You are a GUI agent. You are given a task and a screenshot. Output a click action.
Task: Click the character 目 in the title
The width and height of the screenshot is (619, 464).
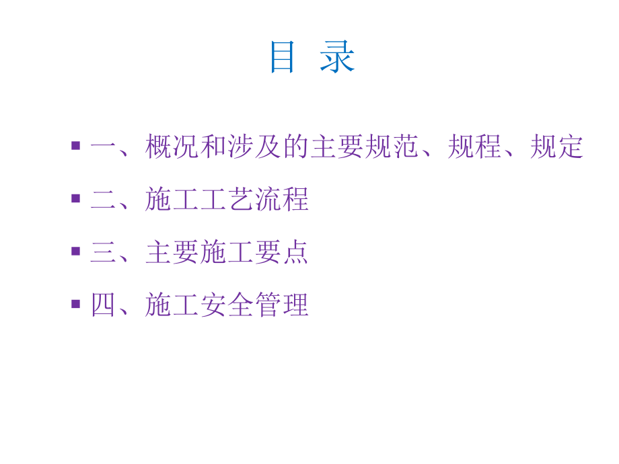pos(282,57)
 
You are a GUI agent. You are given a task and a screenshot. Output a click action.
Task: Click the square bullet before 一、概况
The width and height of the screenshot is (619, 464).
pos(76,145)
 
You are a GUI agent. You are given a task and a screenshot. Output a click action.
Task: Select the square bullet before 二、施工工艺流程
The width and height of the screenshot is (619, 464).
pos(76,198)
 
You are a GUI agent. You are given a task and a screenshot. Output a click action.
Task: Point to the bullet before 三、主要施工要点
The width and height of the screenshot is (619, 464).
pos(76,251)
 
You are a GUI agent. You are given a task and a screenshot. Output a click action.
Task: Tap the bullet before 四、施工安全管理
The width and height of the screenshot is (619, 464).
pos(76,304)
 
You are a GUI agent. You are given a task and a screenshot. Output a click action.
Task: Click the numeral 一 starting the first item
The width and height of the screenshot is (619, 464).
pos(104,147)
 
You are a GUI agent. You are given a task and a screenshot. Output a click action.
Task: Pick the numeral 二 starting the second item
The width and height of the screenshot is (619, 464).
pos(104,200)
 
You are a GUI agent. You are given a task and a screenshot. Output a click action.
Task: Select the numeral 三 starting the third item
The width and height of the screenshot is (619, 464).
pos(104,253)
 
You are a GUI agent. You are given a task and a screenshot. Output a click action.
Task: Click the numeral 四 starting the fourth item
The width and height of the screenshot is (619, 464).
pos(104,306)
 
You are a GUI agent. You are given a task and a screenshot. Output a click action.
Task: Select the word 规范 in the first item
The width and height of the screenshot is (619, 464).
pos(392,147)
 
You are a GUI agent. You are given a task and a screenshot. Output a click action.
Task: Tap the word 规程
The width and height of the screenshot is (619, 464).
pos(474,147)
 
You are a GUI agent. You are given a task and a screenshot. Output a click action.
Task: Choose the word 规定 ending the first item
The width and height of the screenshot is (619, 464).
pos(556,147)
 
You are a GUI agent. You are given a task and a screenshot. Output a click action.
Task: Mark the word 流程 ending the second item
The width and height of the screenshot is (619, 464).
pos(282,200)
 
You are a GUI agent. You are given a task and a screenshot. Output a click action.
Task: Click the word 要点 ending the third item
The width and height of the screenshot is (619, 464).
pos(282,253)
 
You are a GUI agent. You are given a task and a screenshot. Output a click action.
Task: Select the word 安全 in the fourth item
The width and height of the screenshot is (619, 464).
pos(227,306)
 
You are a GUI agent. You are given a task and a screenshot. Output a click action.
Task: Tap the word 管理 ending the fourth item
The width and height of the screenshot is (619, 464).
pos(282,306)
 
